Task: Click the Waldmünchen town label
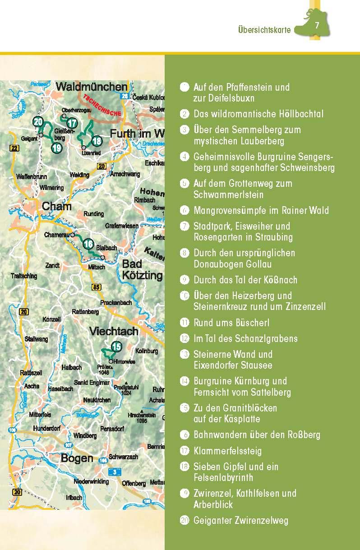pos(92,87)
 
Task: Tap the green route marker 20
pos(38,122)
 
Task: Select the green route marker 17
pos(72,123)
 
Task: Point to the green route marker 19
pos(56,148)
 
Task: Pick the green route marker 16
pos(88,245)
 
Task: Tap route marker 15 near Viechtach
pos(116,347)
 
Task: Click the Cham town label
pos(56,206)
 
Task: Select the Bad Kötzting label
pos(142,269)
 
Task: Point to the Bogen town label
pos(77,458)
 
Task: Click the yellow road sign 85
pos(96,287)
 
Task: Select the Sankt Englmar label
pos(92,382)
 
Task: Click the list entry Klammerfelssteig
pos(227,451)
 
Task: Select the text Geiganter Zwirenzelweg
pos(240,520)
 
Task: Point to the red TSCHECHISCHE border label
pos(102,105)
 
